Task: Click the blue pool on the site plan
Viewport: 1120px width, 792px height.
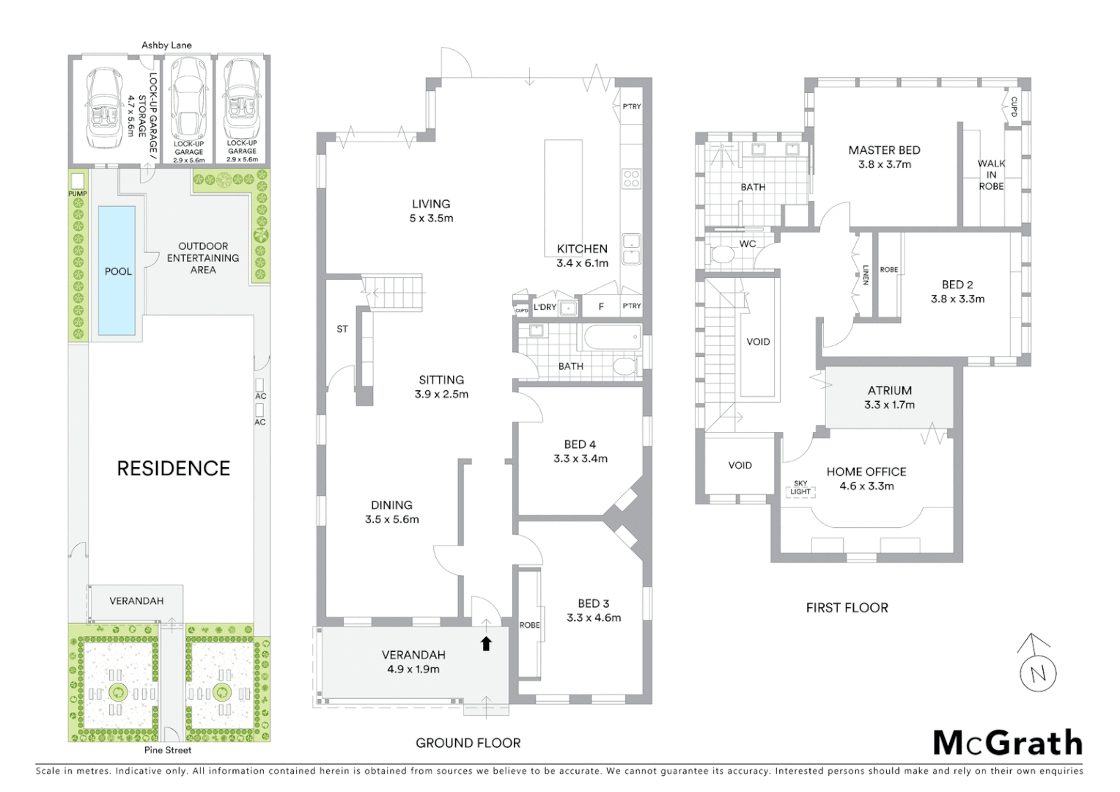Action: pos(117,270)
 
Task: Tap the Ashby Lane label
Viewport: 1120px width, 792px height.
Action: pos(166,45)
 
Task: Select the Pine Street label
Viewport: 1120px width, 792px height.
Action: pos(169,750)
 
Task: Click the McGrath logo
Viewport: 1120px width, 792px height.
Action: pos(1008,743)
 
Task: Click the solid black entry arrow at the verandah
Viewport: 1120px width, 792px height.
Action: pos(486,643)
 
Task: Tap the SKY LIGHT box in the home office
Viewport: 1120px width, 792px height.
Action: pos(800,488)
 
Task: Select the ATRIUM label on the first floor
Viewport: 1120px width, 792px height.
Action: pos(890,391)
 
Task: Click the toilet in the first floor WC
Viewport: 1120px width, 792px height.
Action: pos(723,255)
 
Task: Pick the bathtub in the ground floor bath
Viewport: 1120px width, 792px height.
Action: pos(613,340)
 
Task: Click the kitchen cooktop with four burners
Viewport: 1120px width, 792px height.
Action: pos(631,178)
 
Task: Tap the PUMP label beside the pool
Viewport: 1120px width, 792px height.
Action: pos(78,194)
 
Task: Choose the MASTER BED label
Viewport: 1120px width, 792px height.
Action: pos(884,150)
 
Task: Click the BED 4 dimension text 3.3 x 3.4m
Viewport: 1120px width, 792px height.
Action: pos(581,459)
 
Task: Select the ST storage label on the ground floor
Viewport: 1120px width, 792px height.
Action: pos(342,329)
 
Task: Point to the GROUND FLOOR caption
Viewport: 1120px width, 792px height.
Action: pos(468,743)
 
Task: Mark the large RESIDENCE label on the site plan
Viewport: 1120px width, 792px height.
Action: pos(174,468)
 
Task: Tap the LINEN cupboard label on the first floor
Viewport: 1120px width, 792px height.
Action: pos(866,275)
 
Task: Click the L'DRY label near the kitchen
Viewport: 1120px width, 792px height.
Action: pos(545,307)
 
